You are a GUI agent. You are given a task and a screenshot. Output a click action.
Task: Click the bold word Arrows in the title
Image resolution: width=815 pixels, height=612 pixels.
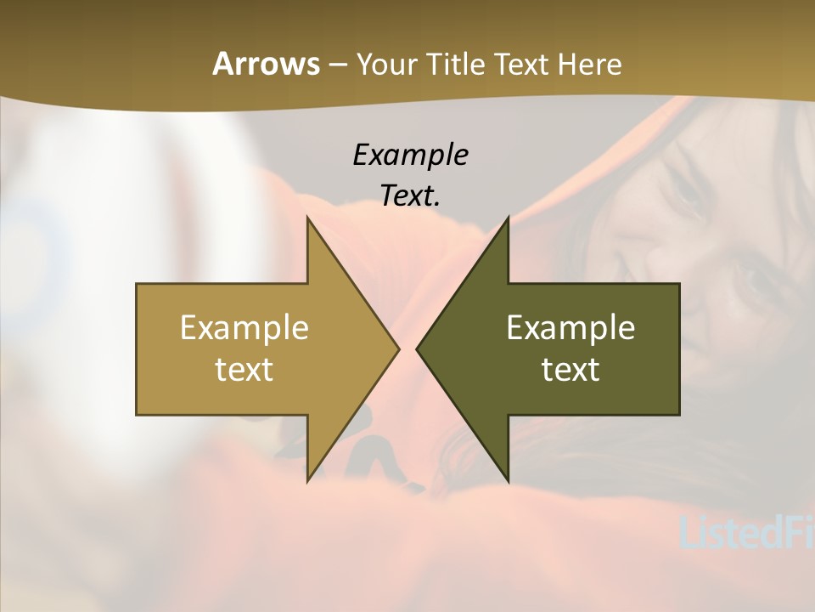[x=266, y=64]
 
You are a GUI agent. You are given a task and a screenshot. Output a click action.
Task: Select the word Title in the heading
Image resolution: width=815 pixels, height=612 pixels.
[x=455, y=64]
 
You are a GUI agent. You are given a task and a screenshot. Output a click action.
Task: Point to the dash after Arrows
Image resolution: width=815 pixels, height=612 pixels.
[x=337, y=65]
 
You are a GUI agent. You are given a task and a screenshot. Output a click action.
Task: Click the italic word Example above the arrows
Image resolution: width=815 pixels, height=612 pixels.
[x=410, y=155]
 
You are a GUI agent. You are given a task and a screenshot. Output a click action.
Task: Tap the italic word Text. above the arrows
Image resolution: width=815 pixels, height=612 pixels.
[x=410, y=195]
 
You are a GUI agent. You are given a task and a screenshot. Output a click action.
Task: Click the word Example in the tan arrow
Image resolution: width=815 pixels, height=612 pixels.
[x=244, y=327]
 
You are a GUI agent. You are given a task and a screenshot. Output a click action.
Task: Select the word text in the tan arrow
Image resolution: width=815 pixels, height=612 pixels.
[x=244, y=369]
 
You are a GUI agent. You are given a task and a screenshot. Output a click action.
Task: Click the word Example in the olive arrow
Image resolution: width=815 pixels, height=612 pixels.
[x=570, y=327]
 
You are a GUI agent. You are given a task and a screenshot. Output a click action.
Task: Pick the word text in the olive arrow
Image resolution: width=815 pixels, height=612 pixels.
[x=570, y=369]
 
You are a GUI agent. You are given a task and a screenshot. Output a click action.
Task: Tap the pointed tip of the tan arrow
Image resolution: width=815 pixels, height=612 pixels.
[x=398, y=348]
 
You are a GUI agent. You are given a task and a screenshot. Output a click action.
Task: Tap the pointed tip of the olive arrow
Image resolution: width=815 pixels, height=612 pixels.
[x=417, y=348]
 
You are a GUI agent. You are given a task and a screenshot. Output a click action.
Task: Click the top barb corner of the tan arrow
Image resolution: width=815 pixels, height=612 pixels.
[x=308, y=218]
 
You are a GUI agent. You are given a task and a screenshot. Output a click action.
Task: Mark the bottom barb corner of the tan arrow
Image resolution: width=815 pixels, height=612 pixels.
[x=308, y=481]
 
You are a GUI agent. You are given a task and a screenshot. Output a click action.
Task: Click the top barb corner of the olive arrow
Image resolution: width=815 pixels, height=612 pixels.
[x=508, y=218]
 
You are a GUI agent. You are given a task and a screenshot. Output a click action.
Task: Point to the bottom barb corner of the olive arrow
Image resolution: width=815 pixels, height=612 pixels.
[x=508, y=481]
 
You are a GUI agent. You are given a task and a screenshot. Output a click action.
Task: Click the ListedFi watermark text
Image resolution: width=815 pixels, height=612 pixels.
[x=747, y=531]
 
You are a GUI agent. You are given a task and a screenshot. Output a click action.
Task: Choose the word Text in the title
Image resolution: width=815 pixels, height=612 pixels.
[x=525, y=64]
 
